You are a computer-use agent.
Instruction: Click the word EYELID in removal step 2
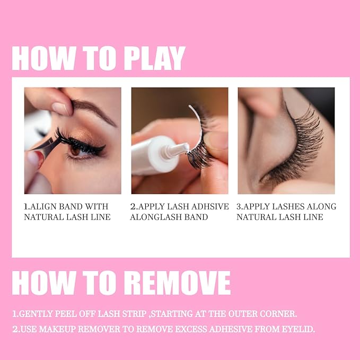297,329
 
